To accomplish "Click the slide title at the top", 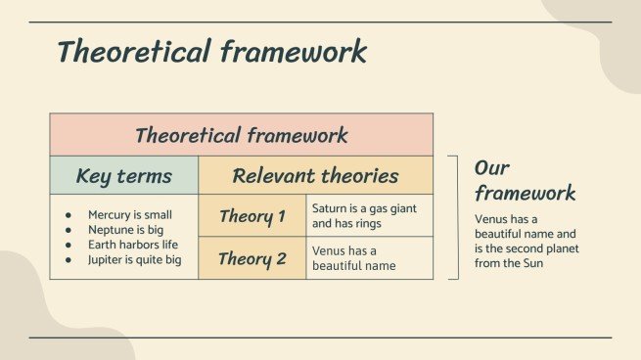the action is tap(211, 52).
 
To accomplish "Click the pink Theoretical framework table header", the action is tap(241, 135).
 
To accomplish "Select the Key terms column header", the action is tap(124, 175).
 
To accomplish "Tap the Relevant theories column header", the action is tap(315, 175).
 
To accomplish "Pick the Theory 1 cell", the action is tap(252, 215).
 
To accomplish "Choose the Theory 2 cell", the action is tap(252, 258).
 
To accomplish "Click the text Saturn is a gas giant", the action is tap(364, 208).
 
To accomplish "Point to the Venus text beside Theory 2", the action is tap(353, 258).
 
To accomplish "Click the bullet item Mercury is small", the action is tap(130, 215).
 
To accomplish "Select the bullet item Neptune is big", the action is tap(125, 230).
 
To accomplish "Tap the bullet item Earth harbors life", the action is tap(133, 245).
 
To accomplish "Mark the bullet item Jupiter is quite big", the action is tap(134, 260).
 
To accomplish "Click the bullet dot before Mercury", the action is tap(69, 215).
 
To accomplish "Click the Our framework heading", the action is tap(525, 181).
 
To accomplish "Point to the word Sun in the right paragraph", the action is tap(533, 263).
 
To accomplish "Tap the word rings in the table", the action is tap(368, 224).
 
